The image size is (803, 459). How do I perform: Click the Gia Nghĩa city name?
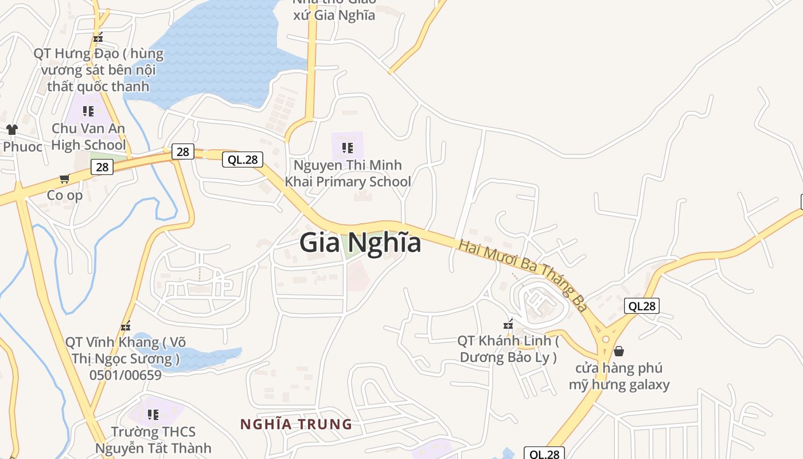click(x=360, y=243)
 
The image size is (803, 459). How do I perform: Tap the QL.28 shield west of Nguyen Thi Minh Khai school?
click(x=243, y=160)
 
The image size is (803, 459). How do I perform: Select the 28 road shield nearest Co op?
click(x=102, y=167)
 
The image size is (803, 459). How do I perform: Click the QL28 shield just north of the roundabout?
click(x=641, y=306)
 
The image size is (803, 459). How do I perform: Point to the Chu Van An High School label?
click(x=88, y=137)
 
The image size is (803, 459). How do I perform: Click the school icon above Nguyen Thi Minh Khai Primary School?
click(x=348, y=148)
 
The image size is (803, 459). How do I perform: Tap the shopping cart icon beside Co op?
click(x=65, y=179)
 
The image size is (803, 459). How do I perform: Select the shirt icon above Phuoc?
click(x=11, y=130)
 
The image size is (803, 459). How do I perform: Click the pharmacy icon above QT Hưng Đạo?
click(x=98, y=38)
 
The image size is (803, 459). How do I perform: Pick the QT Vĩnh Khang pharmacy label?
click(x=125, y=359)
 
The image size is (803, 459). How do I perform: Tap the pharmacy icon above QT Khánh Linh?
click(x=508, y=324)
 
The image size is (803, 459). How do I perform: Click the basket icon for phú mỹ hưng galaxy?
click(x=619, y=351)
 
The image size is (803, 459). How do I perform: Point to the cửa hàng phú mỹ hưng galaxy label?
click(x=619, y=376)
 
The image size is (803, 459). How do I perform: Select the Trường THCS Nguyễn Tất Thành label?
click(x=153, y=439)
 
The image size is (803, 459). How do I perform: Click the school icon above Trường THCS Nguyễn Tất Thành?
click(x=153, y=414)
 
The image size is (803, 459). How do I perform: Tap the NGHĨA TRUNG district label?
click(x=296, y=425)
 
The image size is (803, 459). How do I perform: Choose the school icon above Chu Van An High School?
click(x=88, y=111)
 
